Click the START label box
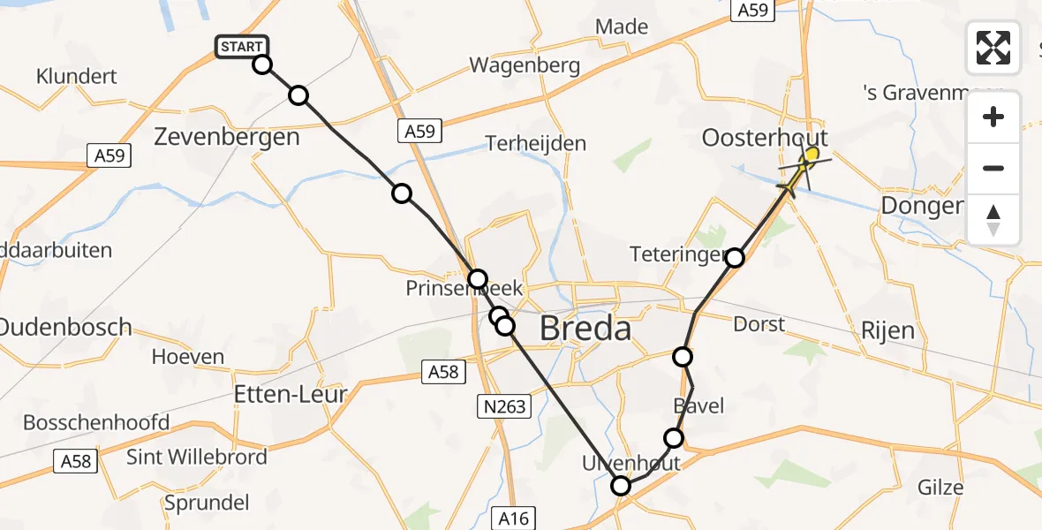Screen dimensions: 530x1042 [241, 46]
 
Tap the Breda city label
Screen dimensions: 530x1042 [585, 329]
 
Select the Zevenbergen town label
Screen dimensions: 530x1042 [227, 137]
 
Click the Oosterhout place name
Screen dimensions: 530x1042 [765, 138]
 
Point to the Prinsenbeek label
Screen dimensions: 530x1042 [464, 289]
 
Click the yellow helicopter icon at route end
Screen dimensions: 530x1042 [804, 165]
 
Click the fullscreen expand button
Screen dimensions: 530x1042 [993, 48]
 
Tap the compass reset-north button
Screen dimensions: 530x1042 [993, 220]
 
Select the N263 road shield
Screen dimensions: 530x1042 [506, 405]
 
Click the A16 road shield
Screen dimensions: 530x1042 [513, 518]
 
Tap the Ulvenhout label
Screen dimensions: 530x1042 [630, 463]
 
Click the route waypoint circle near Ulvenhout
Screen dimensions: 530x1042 [622, 485]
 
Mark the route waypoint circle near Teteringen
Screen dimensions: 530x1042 [735, 258]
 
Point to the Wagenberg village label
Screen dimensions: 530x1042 [525, 65]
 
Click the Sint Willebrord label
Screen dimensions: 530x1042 [197, 457]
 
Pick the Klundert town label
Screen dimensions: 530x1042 [77, 77]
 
